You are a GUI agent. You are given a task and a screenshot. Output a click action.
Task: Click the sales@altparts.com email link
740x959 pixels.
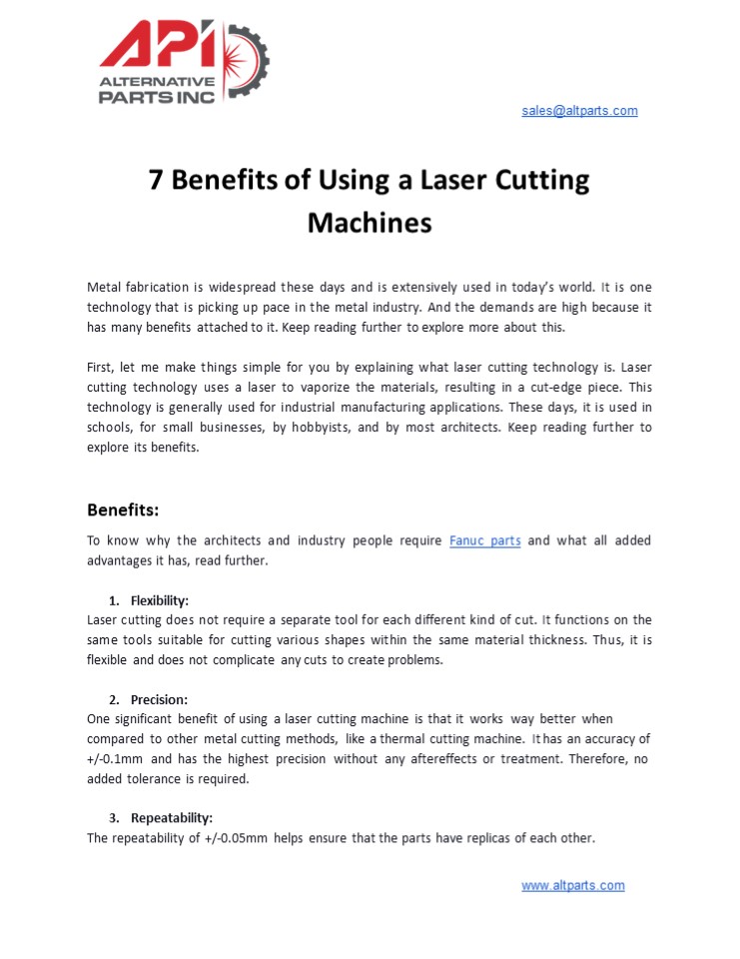[x=579, y=111]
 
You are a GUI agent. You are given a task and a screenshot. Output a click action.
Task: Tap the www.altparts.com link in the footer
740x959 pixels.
[x=572, y=885]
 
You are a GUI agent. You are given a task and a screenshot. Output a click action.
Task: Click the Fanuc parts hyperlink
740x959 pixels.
[x=484, y=540]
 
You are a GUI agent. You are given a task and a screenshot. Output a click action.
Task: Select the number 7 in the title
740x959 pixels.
[x=156, y=181]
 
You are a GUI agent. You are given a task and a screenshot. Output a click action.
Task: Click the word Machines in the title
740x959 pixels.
[x=370, y=222]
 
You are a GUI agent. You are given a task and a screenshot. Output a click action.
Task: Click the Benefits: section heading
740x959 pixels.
[x=123, y=510]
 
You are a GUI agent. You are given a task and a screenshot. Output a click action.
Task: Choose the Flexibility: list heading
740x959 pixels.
[x=160, y=600]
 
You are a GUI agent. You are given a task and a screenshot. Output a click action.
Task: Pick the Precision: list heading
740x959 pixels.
[x=159, y=699]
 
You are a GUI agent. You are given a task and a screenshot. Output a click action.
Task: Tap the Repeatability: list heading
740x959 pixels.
[x=172, y=818]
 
